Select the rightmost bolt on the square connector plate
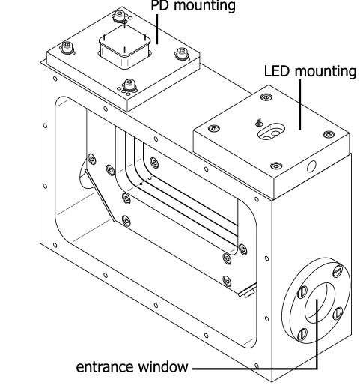click(180, 53)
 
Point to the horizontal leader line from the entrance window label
click(254, 368)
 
